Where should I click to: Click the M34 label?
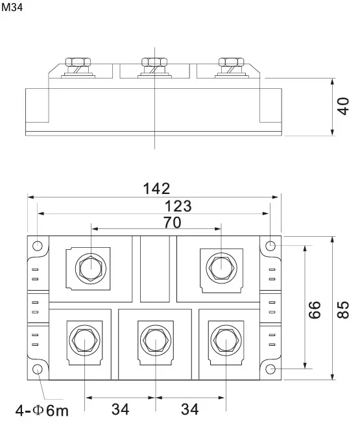(12, 7)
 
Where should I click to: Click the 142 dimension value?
(156, 189)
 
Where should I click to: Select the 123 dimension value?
(178, 206)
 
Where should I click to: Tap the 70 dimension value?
(172, 223)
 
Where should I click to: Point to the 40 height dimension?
(344, 106)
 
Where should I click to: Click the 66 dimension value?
(315, 309)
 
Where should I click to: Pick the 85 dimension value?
(343, 309)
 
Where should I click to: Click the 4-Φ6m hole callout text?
(42, 411)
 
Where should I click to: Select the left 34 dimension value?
(121, 409)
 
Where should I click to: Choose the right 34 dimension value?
(190, 409)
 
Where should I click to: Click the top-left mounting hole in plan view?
(37, 246)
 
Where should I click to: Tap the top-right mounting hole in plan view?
(270, 246)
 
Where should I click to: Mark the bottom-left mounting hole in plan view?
(37, 369)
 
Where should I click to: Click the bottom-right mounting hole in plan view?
(270, 369)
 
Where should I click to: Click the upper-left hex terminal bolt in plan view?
(91, 269)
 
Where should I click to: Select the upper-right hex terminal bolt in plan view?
(221, 268)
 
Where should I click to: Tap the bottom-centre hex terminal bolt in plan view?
(156, 340)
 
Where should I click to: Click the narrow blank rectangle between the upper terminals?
(155, 269)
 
